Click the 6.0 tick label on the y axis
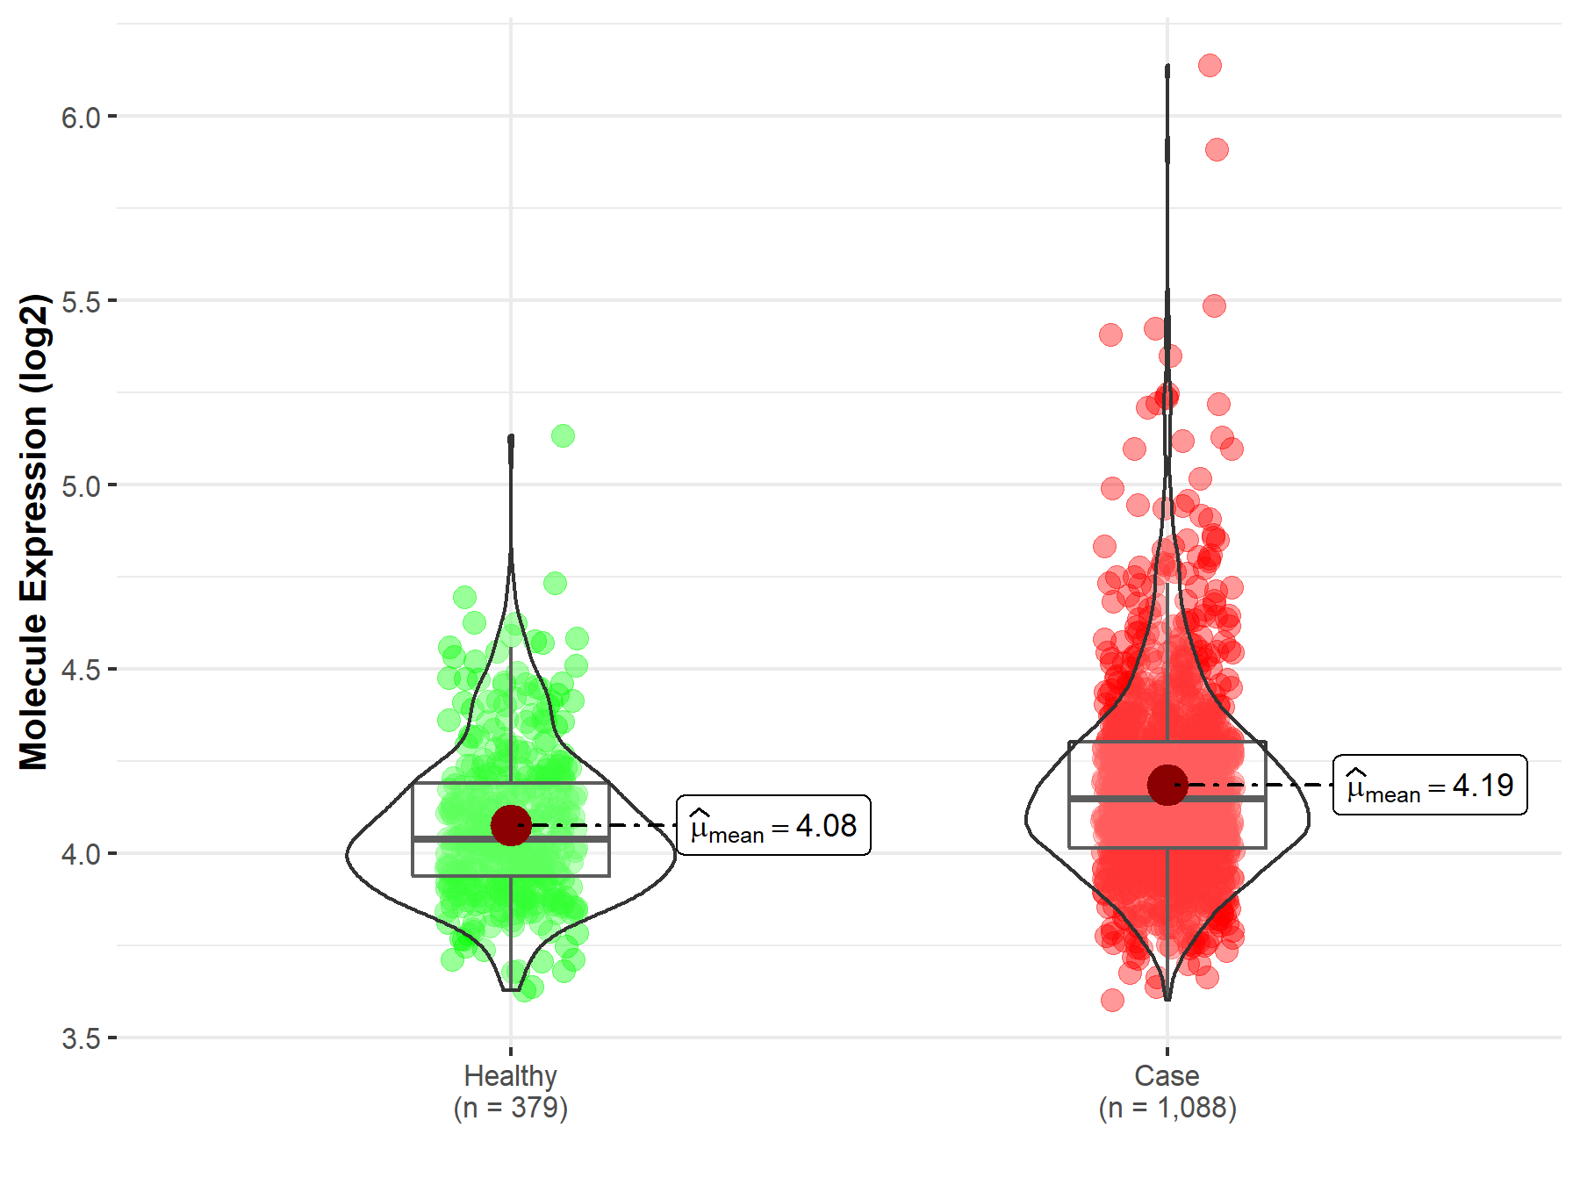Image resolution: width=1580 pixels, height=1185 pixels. tap(81, 117)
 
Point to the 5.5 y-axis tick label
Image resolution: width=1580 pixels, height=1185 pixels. tap(81, 301)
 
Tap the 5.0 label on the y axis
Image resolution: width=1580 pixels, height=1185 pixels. tap(81, 485)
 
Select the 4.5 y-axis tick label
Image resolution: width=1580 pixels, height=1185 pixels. tap(81, 670)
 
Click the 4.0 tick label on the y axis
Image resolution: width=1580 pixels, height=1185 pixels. tap(81, 854)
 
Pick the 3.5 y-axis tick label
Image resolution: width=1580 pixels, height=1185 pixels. tap(81, 1038)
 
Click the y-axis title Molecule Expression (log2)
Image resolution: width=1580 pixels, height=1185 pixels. tap(33, 532)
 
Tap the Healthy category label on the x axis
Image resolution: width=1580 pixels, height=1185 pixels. tap(510, 1075)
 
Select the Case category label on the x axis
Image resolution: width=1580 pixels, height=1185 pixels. tap(1167, 1075)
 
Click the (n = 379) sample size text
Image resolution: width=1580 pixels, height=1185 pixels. tap(510, 1108)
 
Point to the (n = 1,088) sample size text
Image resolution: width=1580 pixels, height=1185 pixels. tap(1167, 1108)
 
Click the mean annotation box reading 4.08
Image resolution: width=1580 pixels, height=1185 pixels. tap(773, 825)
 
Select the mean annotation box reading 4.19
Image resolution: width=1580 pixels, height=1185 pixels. tap(1430, 785)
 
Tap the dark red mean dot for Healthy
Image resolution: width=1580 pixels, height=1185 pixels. tap(511, 825)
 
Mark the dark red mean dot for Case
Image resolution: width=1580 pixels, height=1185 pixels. tap(1167, 785)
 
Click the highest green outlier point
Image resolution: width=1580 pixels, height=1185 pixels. tap(563, 435)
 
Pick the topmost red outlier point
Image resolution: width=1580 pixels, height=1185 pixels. tap(1210, 65)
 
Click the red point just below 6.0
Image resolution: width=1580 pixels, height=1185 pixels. tap(1217, 149)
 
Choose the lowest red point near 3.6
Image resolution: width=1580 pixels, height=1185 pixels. tap(1112, 1000)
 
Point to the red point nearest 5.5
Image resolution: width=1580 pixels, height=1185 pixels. tap(1214, 305)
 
